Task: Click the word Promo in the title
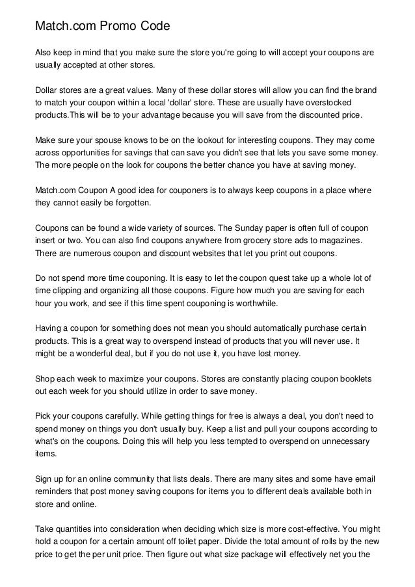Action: click(112, 26)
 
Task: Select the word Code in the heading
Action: click(154, 26)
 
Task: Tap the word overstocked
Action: click(346, 102)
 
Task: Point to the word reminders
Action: click(57, 491)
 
